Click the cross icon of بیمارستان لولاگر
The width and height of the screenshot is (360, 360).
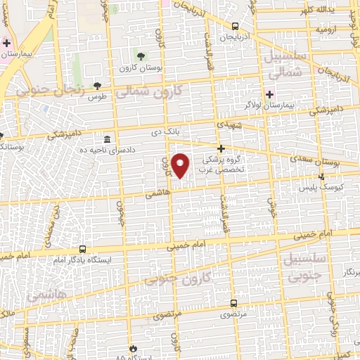270,94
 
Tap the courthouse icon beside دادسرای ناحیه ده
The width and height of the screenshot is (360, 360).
107,139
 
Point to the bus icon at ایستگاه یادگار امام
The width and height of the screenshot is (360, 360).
83,249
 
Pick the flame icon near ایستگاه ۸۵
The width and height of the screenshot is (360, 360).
134,347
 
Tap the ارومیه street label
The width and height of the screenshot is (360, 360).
327,30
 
